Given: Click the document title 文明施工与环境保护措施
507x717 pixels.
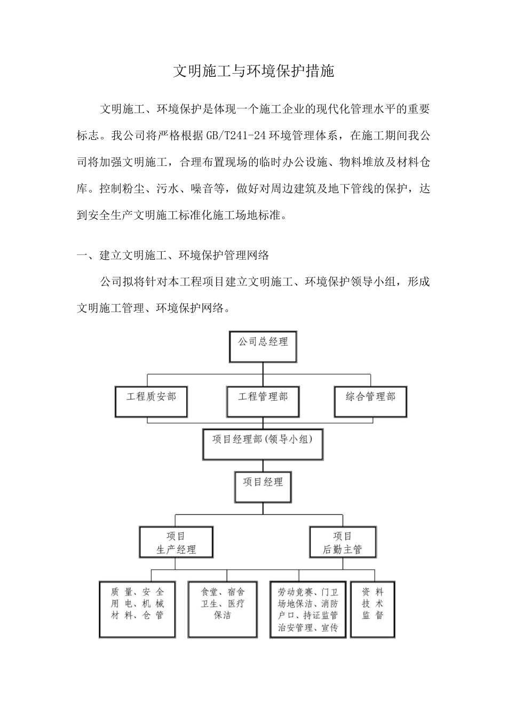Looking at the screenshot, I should [x=253, y=71].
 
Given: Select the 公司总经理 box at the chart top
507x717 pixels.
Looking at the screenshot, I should [x=263, y=346].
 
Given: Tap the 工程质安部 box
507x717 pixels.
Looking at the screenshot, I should [x=151, y=401].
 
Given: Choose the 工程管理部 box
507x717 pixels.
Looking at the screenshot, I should [x=263, y=401].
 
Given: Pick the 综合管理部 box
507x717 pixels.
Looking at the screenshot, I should [x=370, y=401].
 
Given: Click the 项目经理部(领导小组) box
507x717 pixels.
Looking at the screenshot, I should [x=263, y=444].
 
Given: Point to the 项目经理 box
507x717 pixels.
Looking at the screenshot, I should [x=263, y=486].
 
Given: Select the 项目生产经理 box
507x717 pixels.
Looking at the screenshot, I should [x=176, y=543].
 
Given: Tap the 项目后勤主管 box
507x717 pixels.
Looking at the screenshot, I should [x=343, y=543].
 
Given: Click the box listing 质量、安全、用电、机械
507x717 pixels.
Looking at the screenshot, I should [x=137, y=609].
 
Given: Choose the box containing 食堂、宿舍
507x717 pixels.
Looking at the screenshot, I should [x=223, y=609].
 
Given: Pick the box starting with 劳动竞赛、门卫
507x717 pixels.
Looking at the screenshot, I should [x=308, y=609].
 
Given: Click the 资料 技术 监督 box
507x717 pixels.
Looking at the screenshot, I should [x=373, y=609].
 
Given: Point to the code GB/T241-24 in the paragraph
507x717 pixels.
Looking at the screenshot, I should [x=236, y=136].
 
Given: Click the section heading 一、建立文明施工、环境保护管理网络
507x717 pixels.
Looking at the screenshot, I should [x=173, y=255].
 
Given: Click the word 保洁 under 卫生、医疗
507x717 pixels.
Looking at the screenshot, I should [x=223, y=616].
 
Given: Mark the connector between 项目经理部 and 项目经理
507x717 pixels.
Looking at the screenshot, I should [x=263, y=465].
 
